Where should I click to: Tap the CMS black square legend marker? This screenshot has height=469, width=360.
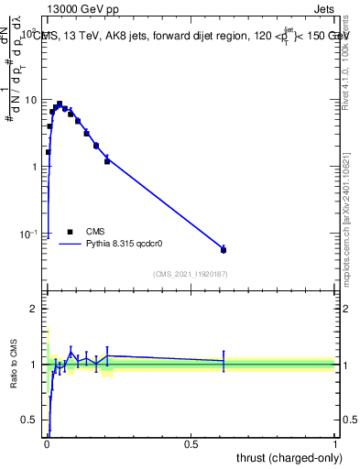tap(70, 232)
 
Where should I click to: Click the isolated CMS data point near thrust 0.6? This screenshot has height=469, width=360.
tap(224, 249)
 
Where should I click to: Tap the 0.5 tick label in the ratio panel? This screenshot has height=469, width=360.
tap(31, 420)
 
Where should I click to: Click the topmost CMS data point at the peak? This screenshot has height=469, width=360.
tap(60, 104)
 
